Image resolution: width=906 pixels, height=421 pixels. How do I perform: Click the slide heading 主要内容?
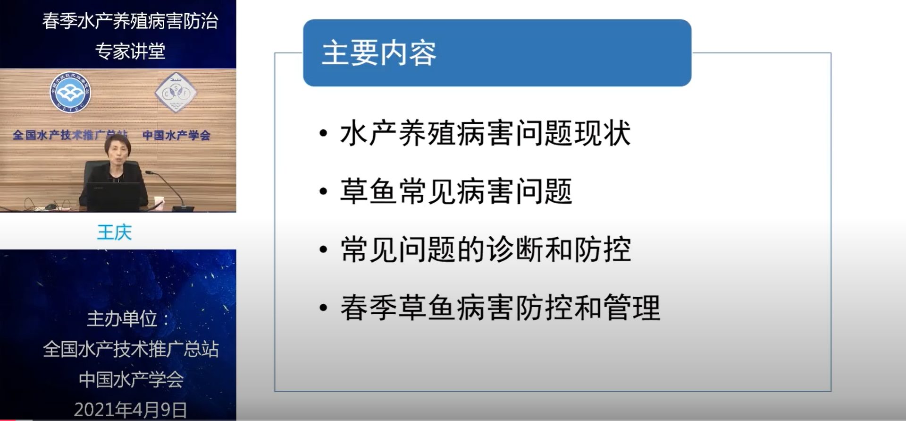tap(379, 53)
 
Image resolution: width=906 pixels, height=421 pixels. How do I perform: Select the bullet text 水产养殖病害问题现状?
tap(485, 133)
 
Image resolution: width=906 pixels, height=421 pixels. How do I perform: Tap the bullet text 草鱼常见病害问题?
tap(456, 191)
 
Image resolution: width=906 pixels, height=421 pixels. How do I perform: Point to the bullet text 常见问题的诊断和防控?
tap(485, 249)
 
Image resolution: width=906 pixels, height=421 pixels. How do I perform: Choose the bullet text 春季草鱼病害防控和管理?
tap(500, 308)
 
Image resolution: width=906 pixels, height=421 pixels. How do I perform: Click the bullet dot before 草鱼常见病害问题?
tap(323, 191)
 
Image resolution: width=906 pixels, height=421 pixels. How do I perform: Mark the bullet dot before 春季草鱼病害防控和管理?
tap(323, 308)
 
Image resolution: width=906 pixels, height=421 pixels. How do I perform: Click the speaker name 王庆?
tap(114, 232)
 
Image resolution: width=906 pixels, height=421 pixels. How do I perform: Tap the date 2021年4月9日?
tap(131, 410)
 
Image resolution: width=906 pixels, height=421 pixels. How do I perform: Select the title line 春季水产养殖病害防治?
tap(130, 21)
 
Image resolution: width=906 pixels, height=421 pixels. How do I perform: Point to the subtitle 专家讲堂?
tap(130, 51)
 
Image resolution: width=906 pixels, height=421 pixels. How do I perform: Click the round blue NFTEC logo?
tap(70, 93)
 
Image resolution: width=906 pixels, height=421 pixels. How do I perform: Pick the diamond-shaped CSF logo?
tap(176, 93)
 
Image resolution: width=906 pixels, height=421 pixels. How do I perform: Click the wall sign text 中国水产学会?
tap(176, 136)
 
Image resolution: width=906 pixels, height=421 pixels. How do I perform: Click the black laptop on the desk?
tap(117, 196)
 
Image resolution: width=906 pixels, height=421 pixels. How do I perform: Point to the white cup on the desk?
tap(159, 202)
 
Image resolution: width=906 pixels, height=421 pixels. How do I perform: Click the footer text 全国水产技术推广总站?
tap(131, 349)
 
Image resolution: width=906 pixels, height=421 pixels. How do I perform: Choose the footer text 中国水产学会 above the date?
tap(131, 379)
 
